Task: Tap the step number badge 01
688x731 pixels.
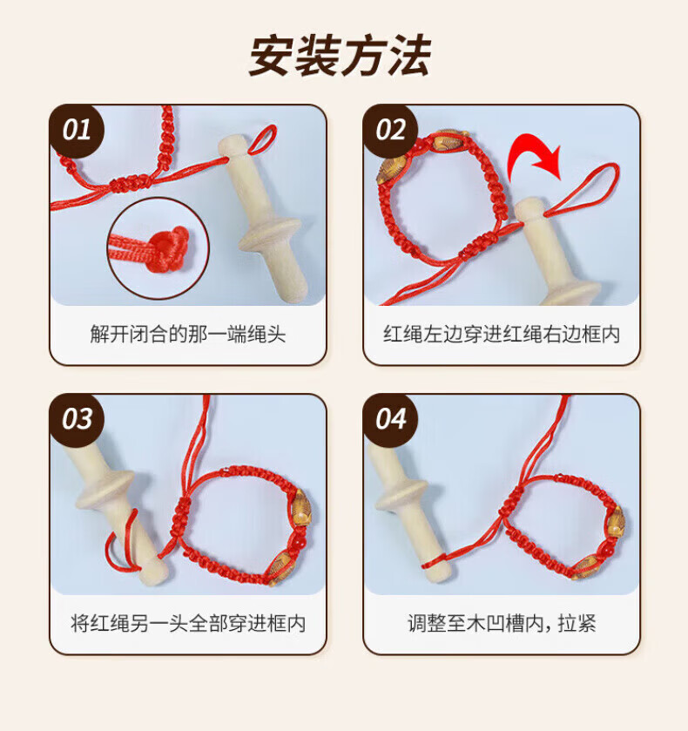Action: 77,131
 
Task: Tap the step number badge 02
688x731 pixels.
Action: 390,131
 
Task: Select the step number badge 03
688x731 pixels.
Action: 77,419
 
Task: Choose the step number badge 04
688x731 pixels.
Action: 390,419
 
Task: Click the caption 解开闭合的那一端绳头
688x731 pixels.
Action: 187,335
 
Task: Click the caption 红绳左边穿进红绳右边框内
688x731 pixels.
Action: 502,335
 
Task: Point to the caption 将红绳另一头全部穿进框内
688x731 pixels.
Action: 187,624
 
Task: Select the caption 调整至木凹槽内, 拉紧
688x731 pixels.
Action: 502,624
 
